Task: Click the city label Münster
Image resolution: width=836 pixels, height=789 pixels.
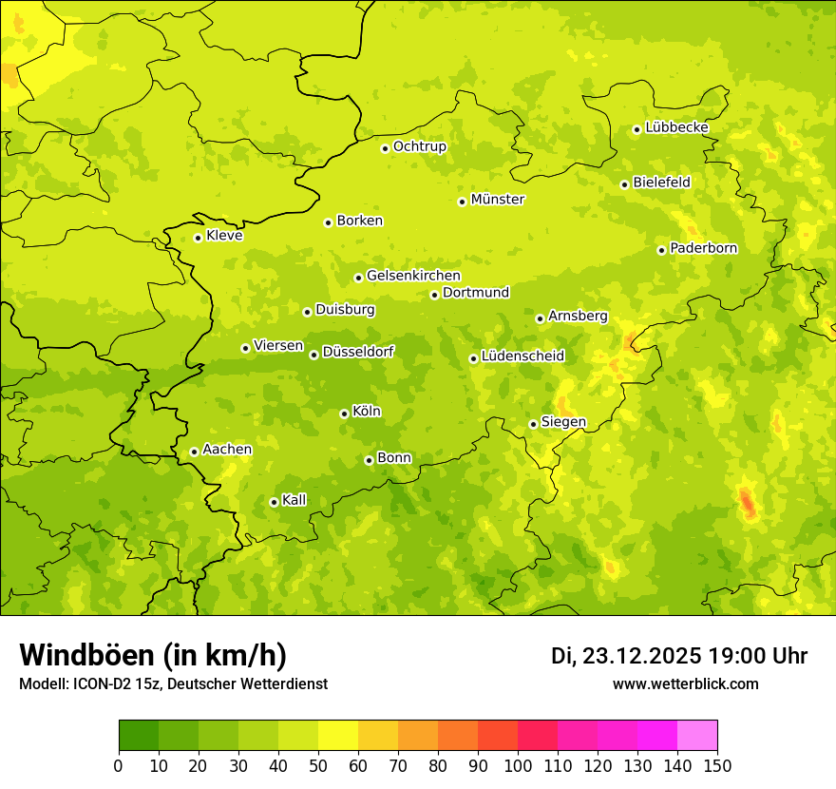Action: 497,200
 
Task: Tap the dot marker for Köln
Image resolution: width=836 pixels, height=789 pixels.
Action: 344,414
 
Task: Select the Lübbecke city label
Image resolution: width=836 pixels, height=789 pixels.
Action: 676,127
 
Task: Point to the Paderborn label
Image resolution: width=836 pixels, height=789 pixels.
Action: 703,248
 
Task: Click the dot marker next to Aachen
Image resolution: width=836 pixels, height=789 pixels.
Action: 194,452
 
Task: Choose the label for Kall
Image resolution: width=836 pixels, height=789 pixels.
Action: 294,500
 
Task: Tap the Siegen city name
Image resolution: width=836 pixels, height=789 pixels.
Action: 563,422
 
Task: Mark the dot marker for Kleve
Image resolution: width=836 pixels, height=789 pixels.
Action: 198,238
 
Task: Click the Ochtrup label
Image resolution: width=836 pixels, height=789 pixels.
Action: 419,146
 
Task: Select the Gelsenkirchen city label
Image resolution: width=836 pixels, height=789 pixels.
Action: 413,276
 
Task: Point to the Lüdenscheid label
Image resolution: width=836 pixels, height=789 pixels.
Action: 522,356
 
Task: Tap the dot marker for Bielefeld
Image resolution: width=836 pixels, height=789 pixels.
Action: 624,184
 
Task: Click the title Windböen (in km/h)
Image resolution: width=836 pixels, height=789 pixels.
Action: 153,655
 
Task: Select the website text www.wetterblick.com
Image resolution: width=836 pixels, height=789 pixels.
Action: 685,683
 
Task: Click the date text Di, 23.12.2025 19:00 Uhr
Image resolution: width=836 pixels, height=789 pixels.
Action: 679,656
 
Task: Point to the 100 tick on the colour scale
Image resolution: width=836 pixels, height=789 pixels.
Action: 518,765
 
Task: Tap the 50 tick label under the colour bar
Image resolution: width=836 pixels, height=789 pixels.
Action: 318,765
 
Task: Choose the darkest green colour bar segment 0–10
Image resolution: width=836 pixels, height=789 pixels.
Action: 138,735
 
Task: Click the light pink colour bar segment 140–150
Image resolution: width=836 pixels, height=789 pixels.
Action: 696,735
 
